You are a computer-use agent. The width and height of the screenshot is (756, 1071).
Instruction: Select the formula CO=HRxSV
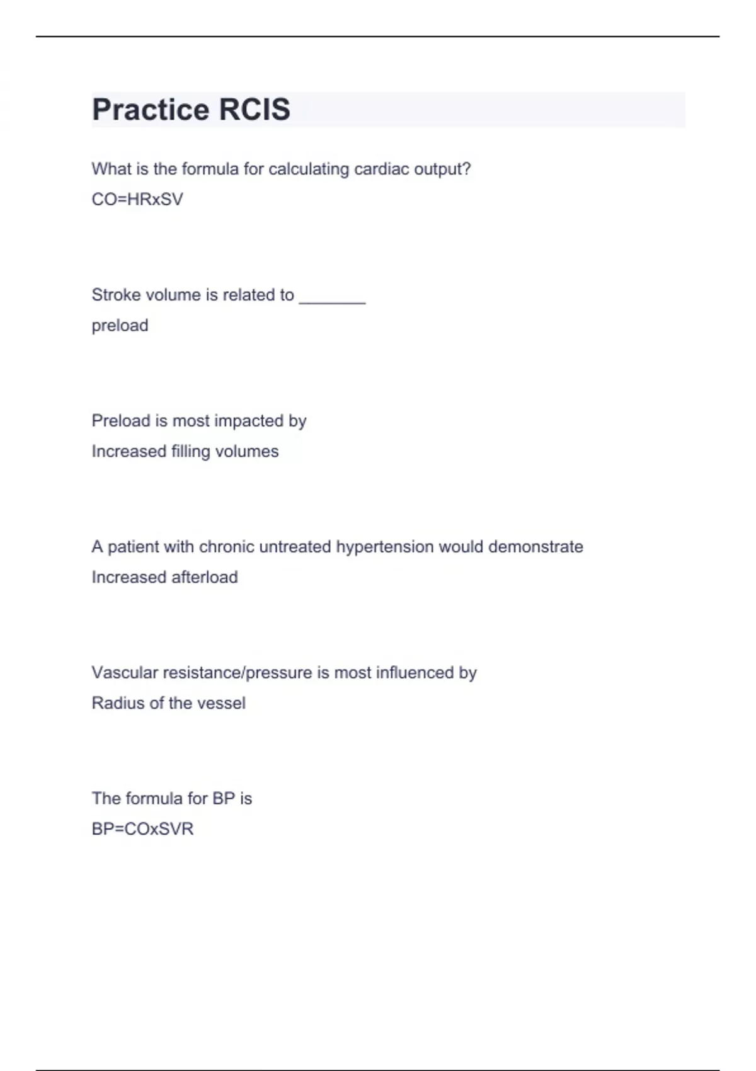[x=137, y=200]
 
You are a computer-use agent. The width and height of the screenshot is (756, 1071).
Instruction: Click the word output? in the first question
[x=442, y=169]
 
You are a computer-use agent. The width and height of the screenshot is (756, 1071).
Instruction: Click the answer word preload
[x=120, y=326]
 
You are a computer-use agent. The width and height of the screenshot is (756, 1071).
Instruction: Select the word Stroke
[x=113, y=295]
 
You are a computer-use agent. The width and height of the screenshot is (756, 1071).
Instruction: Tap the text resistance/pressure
[x=238, y=673]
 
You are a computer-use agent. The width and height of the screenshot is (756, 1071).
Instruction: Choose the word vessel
[x=221, y=703]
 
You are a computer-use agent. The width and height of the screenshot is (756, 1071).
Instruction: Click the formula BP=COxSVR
[x=142, y=829]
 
